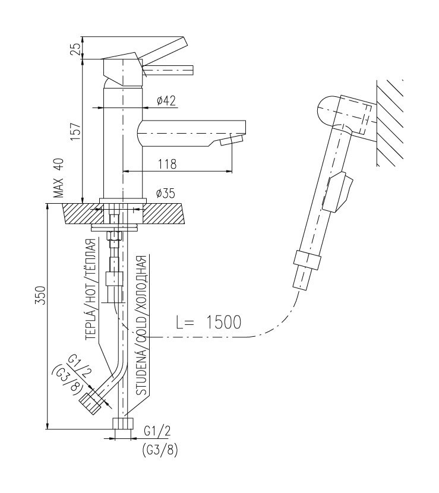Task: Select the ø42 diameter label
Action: click(x=166, y=101)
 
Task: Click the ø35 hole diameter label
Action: click(x=166, y=194)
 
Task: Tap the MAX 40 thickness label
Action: click(x=58, y=178)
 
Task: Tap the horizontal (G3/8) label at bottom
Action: click(x=159, y=450)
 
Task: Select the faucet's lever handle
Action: click(x=163, y=50)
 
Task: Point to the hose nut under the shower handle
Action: click(x=308, y=260)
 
